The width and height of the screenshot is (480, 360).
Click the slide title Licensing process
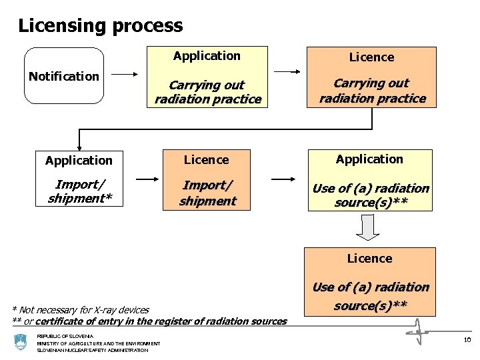[100, 26]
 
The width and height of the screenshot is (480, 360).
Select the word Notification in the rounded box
[64, 77]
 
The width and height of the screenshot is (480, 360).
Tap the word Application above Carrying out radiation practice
[207, 56]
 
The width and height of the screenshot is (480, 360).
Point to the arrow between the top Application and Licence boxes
[287, 71]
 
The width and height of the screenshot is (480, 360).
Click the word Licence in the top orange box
[371, 57]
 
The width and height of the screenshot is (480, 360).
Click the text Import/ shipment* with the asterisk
[79, 191]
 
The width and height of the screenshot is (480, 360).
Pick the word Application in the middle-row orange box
[369, 159]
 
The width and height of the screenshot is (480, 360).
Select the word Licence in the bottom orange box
[369, 259]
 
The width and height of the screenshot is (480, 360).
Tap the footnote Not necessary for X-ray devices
[81, 309]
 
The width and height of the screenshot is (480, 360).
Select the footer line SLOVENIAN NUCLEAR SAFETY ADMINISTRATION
[93, 350]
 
